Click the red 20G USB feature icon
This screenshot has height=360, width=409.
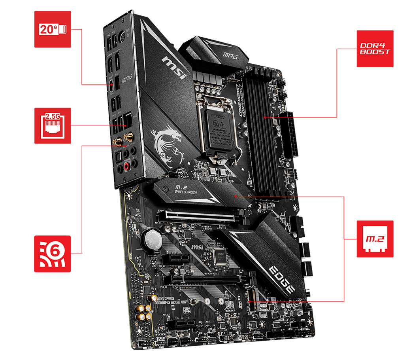pyautogui.click(x=53, y=29)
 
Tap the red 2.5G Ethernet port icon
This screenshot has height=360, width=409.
pyautogui.click(x=53, y=125)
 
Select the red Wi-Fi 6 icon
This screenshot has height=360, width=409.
pyautogui.click(x=53, y=254)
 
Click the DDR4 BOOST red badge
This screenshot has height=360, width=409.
pyautogui.click(x=375, y=48)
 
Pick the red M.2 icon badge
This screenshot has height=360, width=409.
pyautogui.click(x=375, y=239)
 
